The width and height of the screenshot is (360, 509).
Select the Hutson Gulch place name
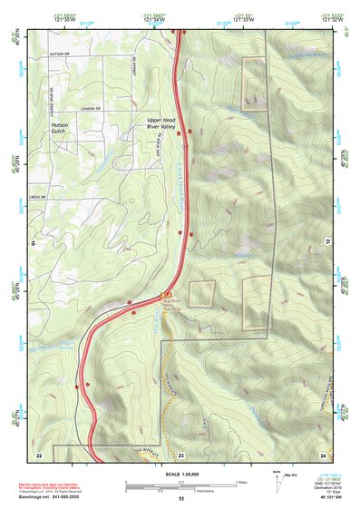60,127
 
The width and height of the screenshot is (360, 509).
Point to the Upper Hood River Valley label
168,123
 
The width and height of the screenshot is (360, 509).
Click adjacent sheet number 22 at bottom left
39,454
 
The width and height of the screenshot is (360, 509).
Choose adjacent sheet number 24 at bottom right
322,454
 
